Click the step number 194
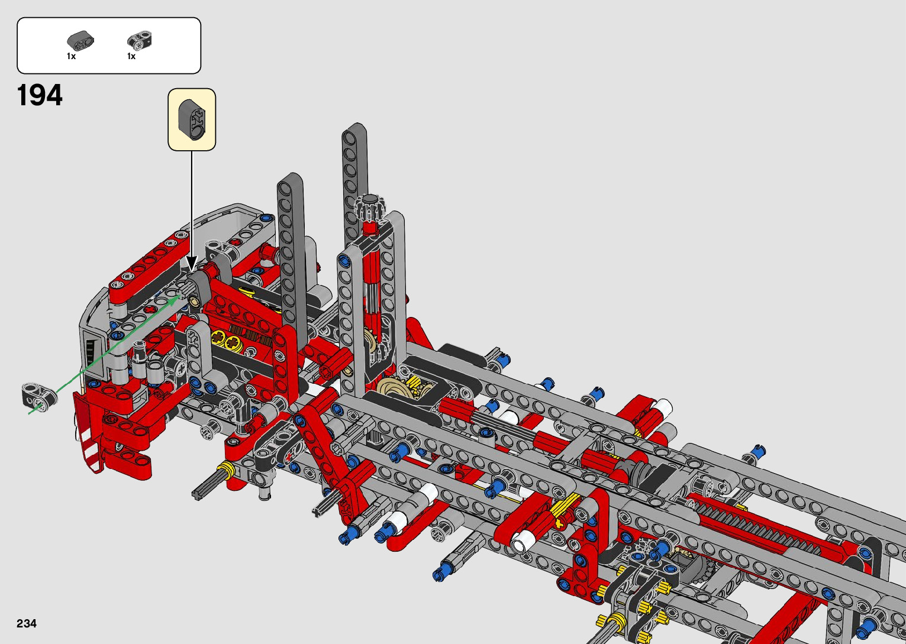tap(40, 95)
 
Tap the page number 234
tap(27, 623)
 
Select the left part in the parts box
tap(80, 41)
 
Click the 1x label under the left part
tap(71, 56)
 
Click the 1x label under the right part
tap(131, 56)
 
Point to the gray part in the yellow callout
tap(192, 119)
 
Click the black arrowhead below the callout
tap(192, 263)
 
